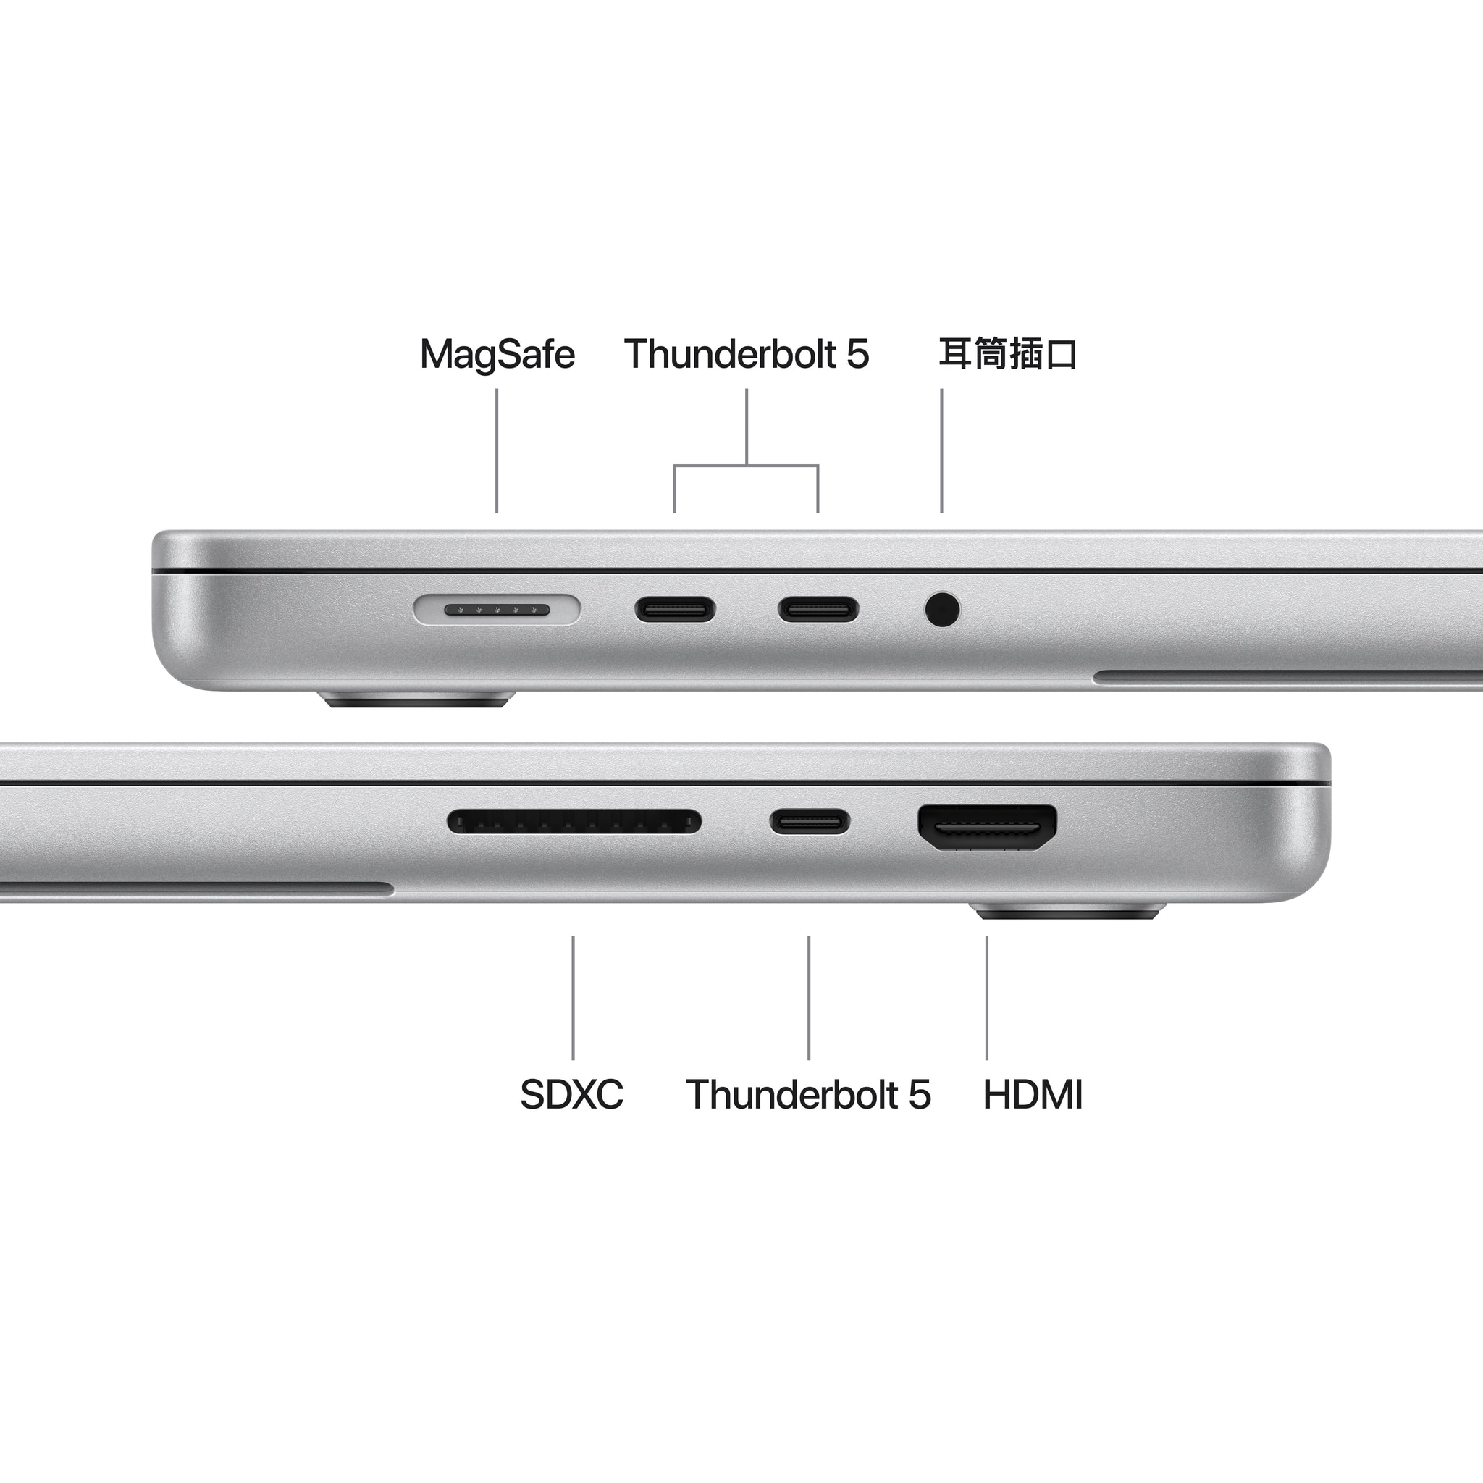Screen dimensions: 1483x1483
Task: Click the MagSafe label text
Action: (497, 356)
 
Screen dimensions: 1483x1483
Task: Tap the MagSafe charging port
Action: (497, 610)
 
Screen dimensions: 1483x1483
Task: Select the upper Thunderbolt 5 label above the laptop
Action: (747, 354)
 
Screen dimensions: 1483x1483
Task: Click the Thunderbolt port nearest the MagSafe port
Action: (675, 610)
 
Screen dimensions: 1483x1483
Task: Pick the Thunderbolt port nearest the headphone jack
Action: (818, 610)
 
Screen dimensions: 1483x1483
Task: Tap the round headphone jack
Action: (942, 610)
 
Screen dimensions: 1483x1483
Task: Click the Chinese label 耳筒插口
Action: (1008, 354)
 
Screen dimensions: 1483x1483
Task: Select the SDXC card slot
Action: (574, 821)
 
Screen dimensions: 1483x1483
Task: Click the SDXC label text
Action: (572, 1095)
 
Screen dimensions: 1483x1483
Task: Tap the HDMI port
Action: (987, 828)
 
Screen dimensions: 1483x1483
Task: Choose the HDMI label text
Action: (1033, 1095)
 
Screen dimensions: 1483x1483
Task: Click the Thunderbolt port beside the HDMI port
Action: (810, 821)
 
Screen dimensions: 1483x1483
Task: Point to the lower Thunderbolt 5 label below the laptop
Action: (808, 1095)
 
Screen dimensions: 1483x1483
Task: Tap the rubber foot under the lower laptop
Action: (1068, 911)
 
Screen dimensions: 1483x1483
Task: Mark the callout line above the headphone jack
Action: (942, 450)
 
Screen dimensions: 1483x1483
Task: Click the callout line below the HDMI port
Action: (987, 998)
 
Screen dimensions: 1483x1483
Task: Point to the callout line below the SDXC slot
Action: (573, 998)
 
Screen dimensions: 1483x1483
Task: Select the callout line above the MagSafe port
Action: (497, 450)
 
